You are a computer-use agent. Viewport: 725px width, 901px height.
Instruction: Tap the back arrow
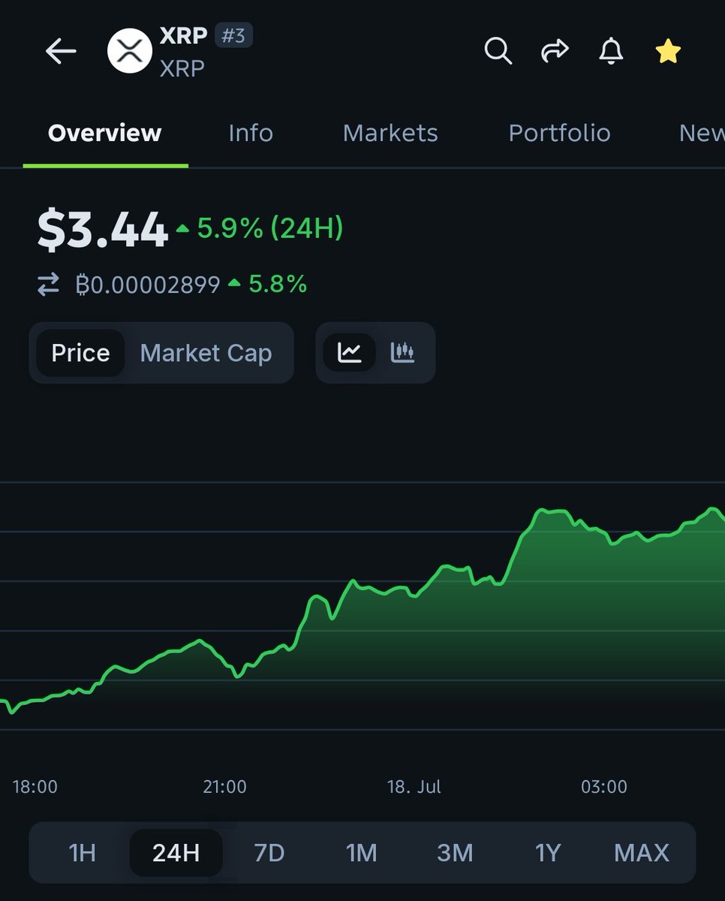tap(61, 52)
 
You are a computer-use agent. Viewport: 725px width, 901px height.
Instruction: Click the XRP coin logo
tap(130, 51)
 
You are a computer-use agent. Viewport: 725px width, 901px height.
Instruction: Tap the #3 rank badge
tap(233, 36)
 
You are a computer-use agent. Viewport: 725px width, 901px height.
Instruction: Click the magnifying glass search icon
tap(498, 51)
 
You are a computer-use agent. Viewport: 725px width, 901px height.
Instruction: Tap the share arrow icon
tap(555, 51)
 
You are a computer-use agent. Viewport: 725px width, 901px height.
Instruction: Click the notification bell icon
tap(611, 51)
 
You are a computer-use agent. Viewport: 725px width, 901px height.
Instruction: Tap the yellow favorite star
tap(667, 51)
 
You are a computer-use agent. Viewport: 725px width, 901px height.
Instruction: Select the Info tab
tap(251, 133)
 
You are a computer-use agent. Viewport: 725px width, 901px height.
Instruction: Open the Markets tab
tap(390, 133)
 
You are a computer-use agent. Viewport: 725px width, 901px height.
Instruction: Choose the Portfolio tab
tap(559, 133)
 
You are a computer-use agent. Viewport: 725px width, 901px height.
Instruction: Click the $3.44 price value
tap(103, 230)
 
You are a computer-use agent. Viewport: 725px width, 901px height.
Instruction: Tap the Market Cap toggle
tap(206, 353)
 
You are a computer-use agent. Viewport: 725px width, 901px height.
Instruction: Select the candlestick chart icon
tap(403, 352)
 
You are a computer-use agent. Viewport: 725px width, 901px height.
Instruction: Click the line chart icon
tap(350, 352)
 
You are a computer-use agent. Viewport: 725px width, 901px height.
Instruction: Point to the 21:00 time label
tap(224, 787)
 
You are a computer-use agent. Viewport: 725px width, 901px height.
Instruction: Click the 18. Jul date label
tap(414, 787)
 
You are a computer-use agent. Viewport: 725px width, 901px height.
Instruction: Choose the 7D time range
tap(269, 853)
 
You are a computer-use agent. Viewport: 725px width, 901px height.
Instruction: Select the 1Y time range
tap(548, 853)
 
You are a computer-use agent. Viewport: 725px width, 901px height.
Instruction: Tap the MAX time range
tap(641, 853)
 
